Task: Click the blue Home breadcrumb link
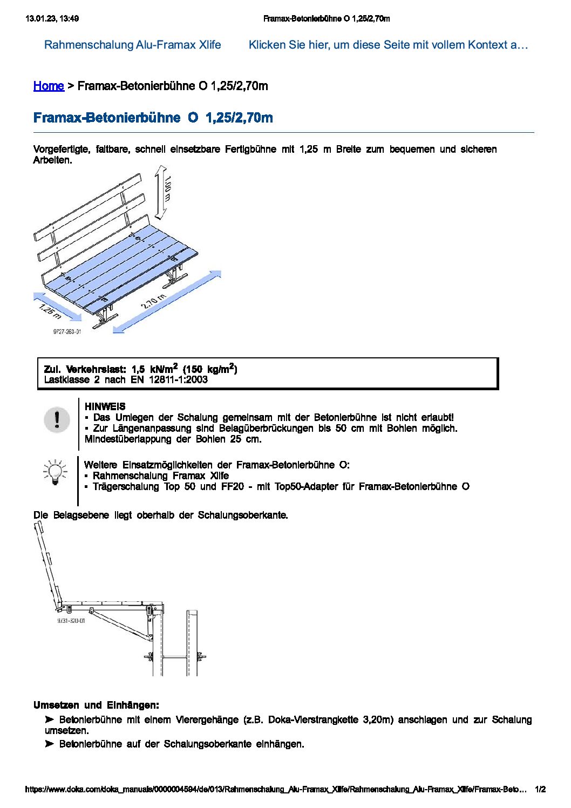point(49,86)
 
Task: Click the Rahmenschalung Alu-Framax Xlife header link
point(132,45)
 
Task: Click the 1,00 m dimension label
point(167,189)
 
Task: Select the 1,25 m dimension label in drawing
point(50,310)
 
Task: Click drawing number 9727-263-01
point(67,331)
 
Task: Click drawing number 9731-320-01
point(71,621)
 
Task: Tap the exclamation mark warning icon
point(57,419)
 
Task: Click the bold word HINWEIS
point(105,406)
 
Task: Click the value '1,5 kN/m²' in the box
point(154,369)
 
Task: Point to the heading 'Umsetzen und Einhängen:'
point(96,705)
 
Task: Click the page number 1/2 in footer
point(540,789)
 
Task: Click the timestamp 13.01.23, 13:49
point(52,18)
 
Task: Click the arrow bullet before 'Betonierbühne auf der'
point(50,744)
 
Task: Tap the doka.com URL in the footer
point(275,789)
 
